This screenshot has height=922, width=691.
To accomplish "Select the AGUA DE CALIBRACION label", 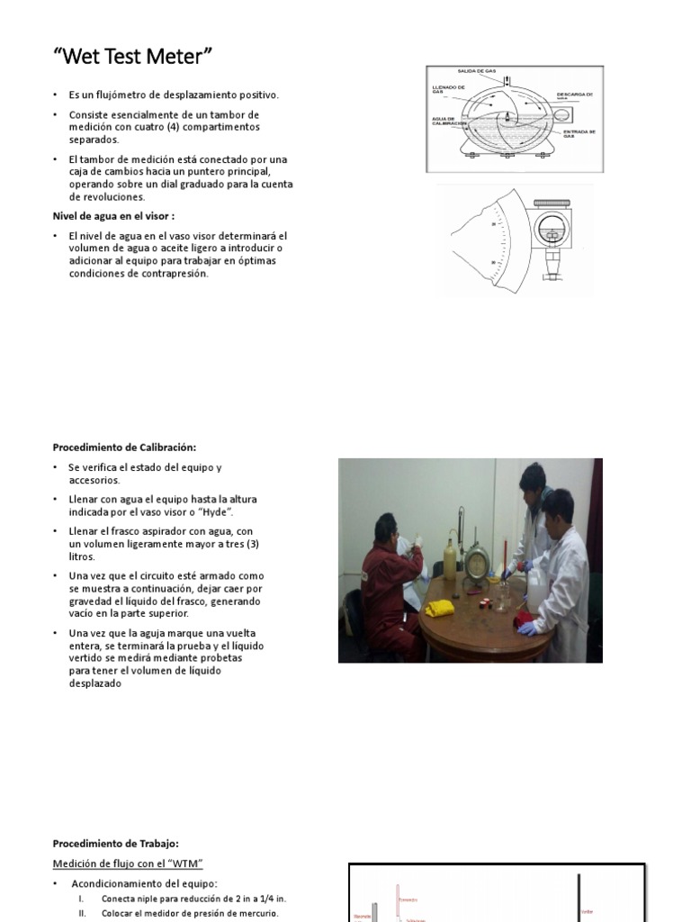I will coord(450,121).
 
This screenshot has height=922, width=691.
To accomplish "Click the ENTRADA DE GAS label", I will coord(580,133).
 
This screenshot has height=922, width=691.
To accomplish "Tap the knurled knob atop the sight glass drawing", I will coord(548,204).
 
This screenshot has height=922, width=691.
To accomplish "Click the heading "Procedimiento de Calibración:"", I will coord(124,447).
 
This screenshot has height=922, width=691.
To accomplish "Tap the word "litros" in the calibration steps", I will coord(82,556).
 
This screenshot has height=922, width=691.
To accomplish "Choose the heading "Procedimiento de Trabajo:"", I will coord(116,844).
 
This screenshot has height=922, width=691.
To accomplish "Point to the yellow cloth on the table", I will coord(440,609).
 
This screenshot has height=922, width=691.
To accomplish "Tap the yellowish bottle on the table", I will coord(450,561).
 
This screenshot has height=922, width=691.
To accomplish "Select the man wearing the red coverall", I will coord(388,585).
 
